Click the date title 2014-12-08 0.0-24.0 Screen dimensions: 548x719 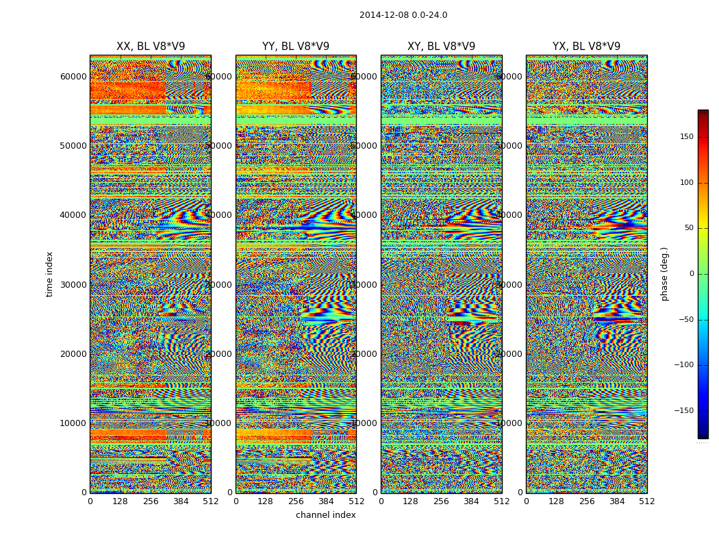(403, 15)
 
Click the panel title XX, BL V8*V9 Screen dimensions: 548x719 (151, 47)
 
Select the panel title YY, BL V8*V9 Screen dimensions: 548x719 (296, 47)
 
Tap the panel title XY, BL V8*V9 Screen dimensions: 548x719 (441, 47)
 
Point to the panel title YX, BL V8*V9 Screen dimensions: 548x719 (586, 47)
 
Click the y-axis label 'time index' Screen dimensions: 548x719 (49, 274)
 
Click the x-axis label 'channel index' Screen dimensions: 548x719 (326, 515)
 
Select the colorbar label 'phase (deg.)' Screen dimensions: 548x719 (664, 274)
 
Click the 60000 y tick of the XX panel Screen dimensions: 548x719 (73, 76)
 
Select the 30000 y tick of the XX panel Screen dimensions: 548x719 (73, 284)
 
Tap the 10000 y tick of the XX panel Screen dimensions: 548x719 (73, 423)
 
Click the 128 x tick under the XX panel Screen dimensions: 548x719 (120, 501)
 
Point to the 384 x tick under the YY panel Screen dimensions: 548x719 (326, 501)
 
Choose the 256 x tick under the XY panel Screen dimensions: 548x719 (441, 501)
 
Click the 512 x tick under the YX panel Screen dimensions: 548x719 (647, 501)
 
